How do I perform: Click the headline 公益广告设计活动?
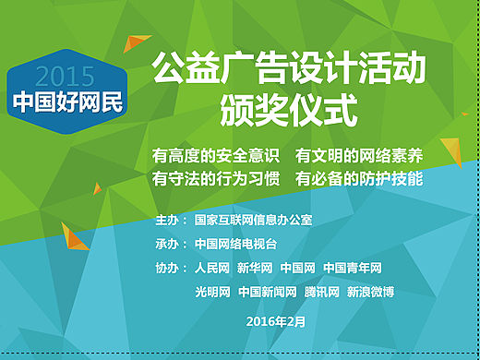point(288,70)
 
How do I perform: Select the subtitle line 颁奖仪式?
point(288,111)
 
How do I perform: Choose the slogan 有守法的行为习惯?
point(216,178)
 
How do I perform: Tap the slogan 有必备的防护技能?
point(359,178)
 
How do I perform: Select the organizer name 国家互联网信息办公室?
point(254,222)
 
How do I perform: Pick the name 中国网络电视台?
point(235,245)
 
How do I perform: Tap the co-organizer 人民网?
point(212,269)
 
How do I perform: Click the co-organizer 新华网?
point(255,269)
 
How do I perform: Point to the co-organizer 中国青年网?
point(353,269)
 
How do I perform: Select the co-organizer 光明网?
point(212,292)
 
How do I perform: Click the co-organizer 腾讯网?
point(322,292)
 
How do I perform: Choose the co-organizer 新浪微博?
point(370,292)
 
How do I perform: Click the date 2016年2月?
point(275,320)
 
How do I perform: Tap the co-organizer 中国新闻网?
point(267,292)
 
